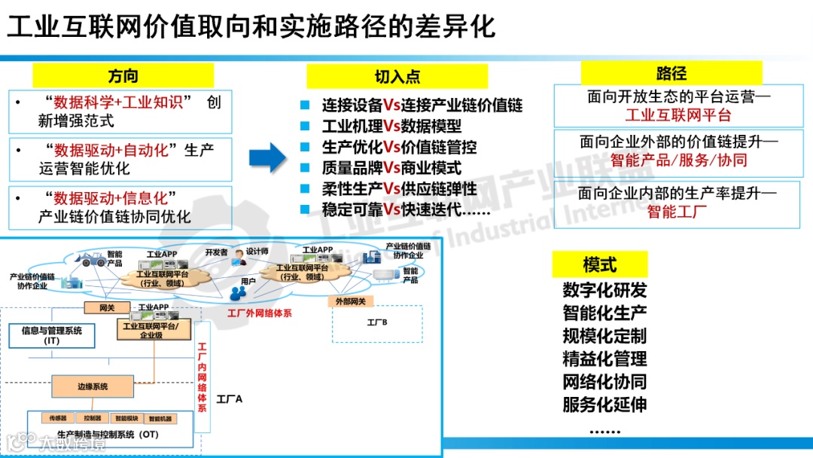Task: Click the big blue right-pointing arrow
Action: (x=267, y=157)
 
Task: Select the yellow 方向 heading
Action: (x=123, y=76)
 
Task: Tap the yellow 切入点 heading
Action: (x=397, y=77)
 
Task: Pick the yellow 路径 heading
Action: (x=671, y=73)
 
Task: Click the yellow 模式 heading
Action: (x=600, y=264)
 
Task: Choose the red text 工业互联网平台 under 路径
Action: (x=677, y=115)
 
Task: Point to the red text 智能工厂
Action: (x=677, y=212)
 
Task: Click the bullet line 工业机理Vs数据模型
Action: (x=391, y=126)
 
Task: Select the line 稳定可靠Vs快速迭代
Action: (x=406, y=209)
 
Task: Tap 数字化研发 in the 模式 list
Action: (x=604, y=290)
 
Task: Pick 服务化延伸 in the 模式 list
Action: (x=604, y=404)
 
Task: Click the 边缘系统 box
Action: (x=93, y=386)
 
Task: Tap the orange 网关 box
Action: (x=106, y=307)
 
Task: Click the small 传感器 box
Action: (x=58, y=418)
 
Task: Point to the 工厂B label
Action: (x=377, y=322)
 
